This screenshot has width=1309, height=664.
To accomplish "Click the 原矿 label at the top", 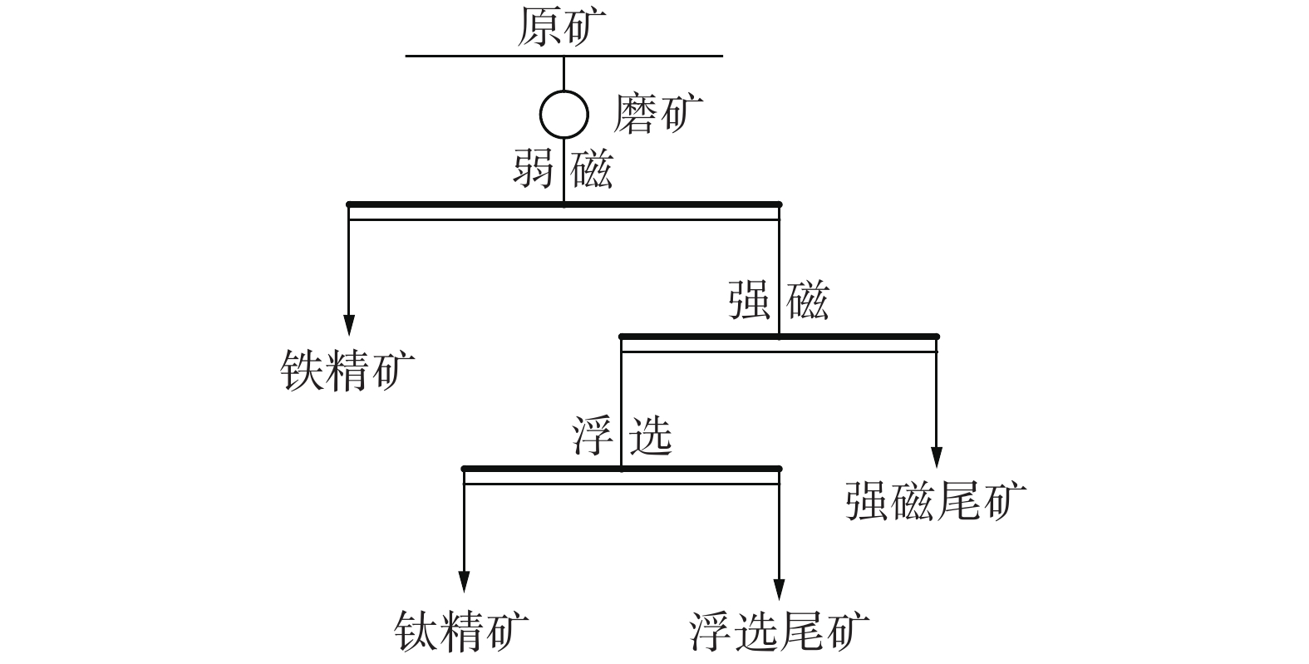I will (x=562, y=27).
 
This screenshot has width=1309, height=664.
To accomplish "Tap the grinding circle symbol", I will (x=564, y=113).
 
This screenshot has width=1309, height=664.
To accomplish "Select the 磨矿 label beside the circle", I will (x=657, y=113).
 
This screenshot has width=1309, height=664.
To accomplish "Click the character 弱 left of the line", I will (x=534, y=170).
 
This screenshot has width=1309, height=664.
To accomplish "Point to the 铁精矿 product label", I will (x=347, y=370).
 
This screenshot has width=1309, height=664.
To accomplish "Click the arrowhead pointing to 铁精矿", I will (x=349, y=324).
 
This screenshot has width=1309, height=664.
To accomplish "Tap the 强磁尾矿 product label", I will (x=936, y=500).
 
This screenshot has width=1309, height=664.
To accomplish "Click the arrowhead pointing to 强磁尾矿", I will (x=937, y=457).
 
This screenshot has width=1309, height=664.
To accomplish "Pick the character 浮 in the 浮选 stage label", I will (x=592, y=435).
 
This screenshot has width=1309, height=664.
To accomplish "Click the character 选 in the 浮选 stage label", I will (x=650, y=435).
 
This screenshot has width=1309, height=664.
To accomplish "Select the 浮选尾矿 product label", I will (x=779, y=632).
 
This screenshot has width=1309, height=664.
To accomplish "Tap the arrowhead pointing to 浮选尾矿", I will (x=779, y=588).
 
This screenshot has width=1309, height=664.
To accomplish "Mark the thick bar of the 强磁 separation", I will (x=856, y=337).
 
